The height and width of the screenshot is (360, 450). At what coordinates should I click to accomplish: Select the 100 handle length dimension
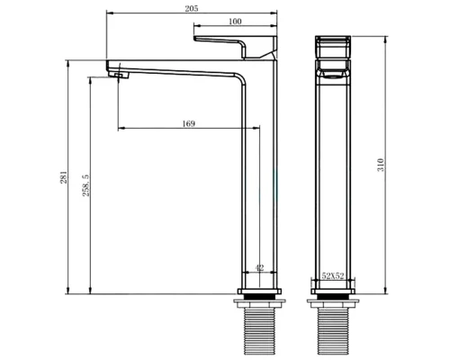point(234,21)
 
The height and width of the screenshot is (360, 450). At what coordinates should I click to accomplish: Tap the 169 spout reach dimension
point(189,123)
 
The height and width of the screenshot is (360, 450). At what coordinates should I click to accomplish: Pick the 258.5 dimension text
point(85,189)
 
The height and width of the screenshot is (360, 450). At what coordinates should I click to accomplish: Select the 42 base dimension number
point(260,268)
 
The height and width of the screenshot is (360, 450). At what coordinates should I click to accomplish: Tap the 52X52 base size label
point(334,278)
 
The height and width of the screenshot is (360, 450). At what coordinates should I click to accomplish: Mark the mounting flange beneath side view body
point(264,294)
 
